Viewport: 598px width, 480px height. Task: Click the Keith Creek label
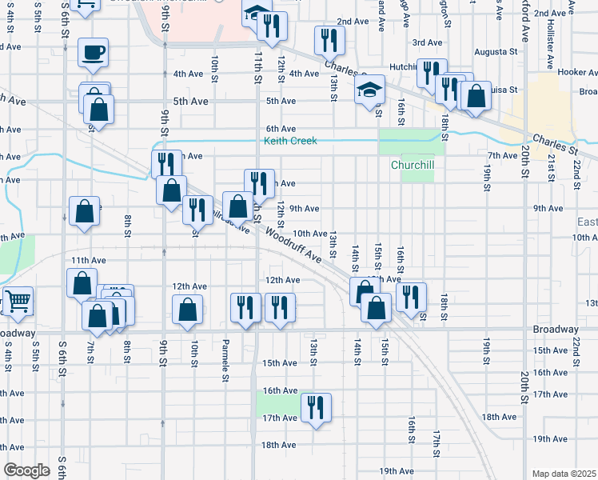coord(290,142)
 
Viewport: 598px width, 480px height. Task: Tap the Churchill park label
coord(412,166)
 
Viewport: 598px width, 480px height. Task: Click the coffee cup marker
coord(93,53)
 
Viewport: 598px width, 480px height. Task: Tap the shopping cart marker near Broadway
coord(18,301)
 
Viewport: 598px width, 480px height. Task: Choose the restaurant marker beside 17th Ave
coord(315,407)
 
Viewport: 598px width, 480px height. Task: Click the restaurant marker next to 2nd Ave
coord(329,40)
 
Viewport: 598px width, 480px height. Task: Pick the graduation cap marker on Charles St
coord(370,90)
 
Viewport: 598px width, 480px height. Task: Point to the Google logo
coord(26,470)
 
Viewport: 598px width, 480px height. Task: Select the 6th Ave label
coord(281,129)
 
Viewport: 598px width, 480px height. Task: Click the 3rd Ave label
coord(427,42)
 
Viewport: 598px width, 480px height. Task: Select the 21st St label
coord(552,168)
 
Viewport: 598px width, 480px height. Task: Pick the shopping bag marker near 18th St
coord(475,96)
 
